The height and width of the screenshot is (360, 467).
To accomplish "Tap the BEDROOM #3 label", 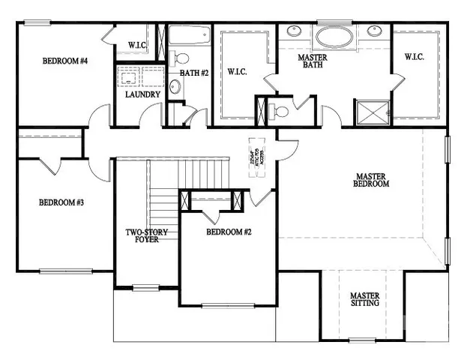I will coord(61,202).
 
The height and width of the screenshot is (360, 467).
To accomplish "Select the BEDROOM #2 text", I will coord(229,232).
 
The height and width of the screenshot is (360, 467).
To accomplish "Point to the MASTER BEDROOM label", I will coord(372,180).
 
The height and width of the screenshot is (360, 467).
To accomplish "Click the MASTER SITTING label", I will coord(365,299).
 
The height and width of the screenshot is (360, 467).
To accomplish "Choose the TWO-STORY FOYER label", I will coord(146,236).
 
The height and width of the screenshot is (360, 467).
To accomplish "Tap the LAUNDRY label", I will coord(142,94).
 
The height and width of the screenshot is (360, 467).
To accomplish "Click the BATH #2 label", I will coord(193,73).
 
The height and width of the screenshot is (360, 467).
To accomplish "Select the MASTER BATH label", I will coord(311,61).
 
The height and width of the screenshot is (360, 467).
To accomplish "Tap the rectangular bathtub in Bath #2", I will coord(189,35).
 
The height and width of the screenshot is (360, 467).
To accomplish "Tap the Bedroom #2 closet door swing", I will coord(212,214).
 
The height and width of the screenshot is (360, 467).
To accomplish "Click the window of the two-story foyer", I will coord(146,287).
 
